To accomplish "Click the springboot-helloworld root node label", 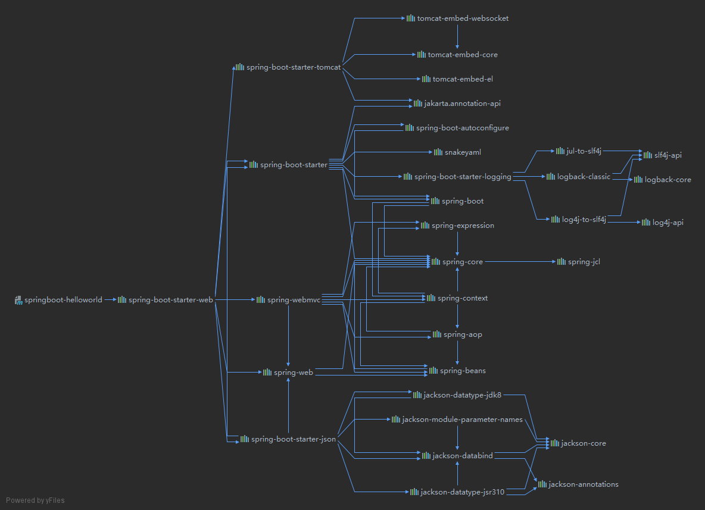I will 63,300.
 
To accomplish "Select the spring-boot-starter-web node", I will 170,300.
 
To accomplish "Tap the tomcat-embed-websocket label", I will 463,18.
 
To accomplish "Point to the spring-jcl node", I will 584,262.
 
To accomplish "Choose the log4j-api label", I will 667,223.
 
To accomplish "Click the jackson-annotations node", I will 583,484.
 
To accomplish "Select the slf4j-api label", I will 667,155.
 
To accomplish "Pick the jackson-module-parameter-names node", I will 462,420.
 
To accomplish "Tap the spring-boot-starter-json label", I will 293,439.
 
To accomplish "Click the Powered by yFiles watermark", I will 35,500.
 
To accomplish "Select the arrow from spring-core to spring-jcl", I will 518,262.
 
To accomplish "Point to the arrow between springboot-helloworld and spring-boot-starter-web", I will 110,300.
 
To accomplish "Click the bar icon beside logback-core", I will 638,179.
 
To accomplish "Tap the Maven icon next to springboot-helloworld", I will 18,300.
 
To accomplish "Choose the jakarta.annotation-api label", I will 462,104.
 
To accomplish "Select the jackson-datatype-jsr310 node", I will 462,492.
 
